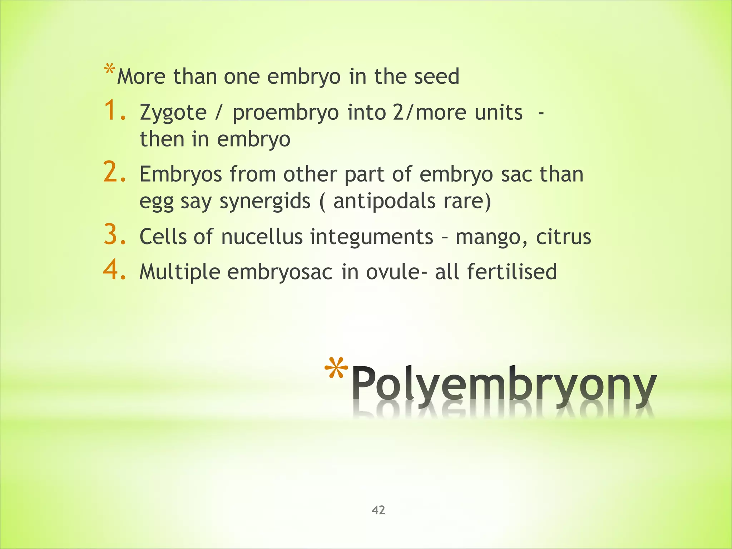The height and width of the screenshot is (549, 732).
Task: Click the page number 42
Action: tap(379, 510)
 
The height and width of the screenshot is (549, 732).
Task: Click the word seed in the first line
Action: tap(436, 76)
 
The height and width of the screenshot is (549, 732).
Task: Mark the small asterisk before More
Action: tap(109, 69)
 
